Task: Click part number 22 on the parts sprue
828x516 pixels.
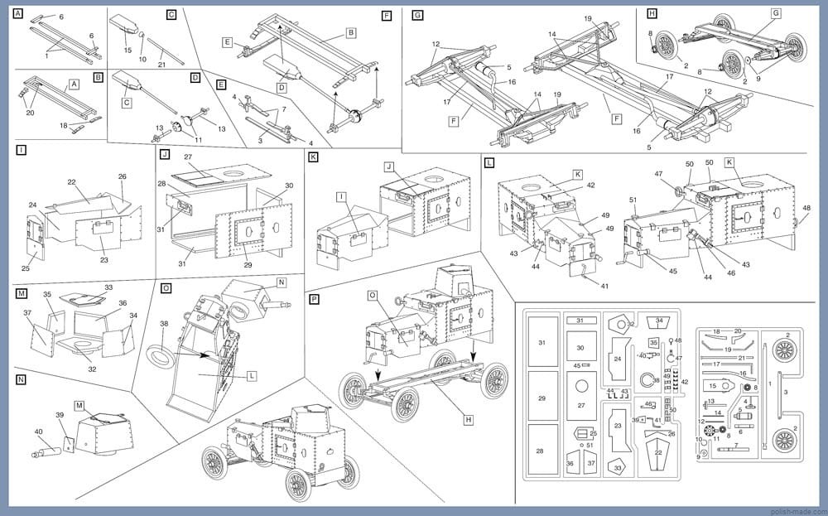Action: coord(657,452)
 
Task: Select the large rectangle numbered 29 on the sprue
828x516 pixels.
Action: coord(542,398)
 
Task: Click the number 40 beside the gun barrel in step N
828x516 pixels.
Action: coord(38,432)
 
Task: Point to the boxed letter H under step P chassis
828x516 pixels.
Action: coord(469,420)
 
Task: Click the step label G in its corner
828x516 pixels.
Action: coord(417,15)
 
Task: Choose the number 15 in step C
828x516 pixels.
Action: coord(128,51)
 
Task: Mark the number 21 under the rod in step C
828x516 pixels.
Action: coord(162,65)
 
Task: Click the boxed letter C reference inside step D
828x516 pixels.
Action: coord(128,103)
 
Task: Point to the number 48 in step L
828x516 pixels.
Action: coord(806,208)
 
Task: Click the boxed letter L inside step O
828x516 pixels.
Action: coord(251,375)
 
